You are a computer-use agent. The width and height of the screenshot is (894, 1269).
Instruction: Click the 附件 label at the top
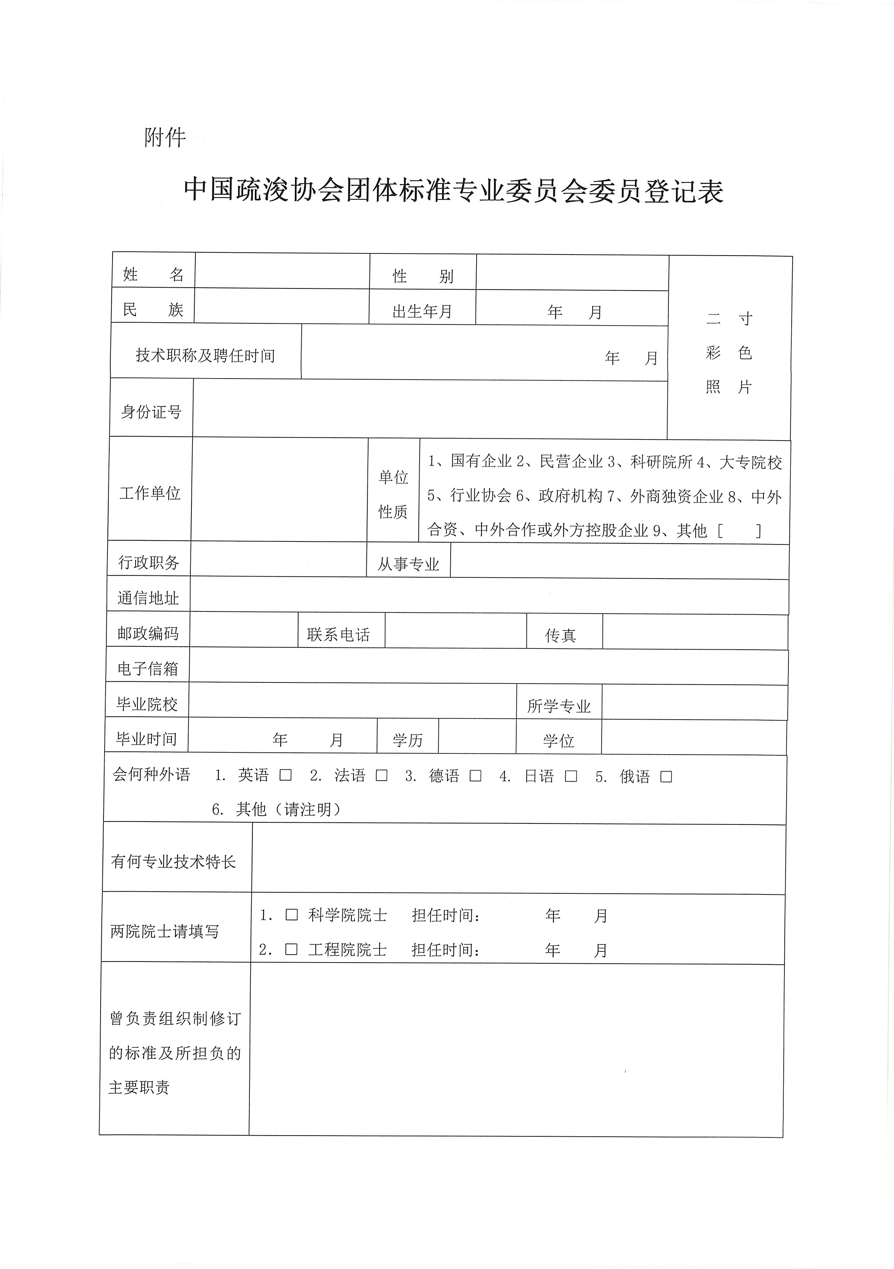165,137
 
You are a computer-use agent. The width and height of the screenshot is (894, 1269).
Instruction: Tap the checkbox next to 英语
286,775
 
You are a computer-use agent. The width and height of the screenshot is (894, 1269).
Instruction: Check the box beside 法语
381,775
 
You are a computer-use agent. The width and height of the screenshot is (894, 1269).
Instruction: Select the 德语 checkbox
475,776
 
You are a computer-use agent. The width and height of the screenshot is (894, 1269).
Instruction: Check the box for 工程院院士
291,950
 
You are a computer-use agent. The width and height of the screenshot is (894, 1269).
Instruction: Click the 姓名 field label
153,274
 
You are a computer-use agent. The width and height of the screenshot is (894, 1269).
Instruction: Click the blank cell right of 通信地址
489,596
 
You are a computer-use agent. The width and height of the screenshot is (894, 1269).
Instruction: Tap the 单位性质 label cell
393,494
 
